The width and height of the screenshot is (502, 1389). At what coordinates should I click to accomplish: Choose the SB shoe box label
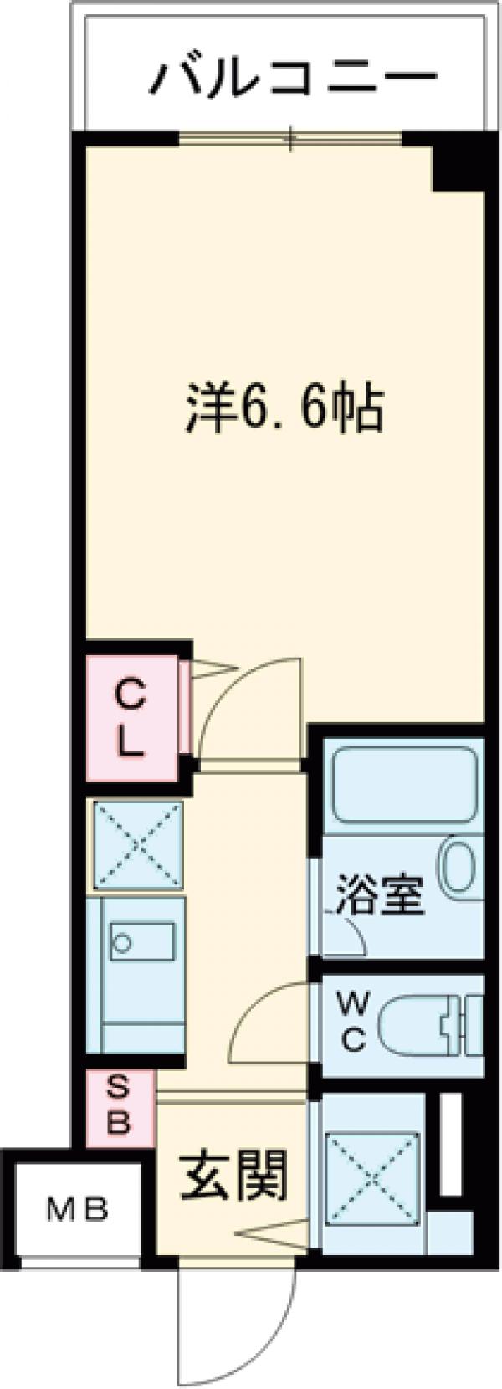[x=120, y=1110]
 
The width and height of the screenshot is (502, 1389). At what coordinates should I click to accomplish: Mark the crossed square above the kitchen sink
[x=137, y=845]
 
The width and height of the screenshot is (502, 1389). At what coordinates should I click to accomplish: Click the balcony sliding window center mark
[x=290, y=138]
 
